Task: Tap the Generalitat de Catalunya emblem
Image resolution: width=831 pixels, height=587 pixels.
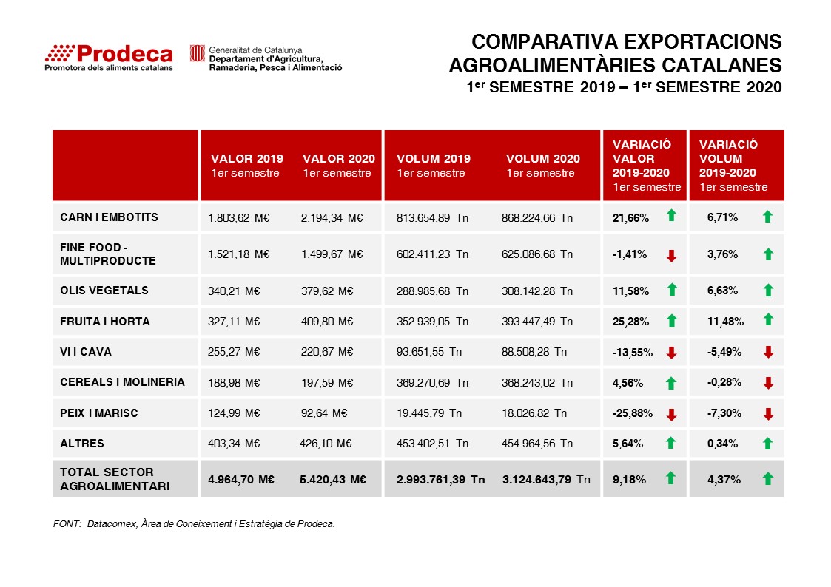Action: [x=197, y=53]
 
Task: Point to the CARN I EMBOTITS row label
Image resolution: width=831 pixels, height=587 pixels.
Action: [x=109, y=217]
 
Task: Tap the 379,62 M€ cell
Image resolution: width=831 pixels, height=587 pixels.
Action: [x=326, y=291]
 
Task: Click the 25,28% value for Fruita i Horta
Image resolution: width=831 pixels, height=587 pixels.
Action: [x=631, y=322]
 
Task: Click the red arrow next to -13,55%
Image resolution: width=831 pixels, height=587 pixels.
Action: [x=671, y=353]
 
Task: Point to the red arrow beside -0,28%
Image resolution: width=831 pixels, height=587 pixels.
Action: [x=768, y=383]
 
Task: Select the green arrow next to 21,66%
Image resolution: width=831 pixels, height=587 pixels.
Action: [x=671, y=216]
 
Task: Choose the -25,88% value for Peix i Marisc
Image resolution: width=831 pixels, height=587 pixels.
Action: [x=633, y=413]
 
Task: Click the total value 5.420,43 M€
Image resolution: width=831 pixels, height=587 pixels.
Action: [x=334, y=479]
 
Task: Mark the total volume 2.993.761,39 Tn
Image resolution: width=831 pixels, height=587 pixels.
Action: [x=440, y=479]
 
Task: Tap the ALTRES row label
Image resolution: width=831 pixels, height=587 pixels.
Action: [x=82, y=444]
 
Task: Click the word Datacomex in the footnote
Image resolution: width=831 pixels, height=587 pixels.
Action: [x=112, y=524]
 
